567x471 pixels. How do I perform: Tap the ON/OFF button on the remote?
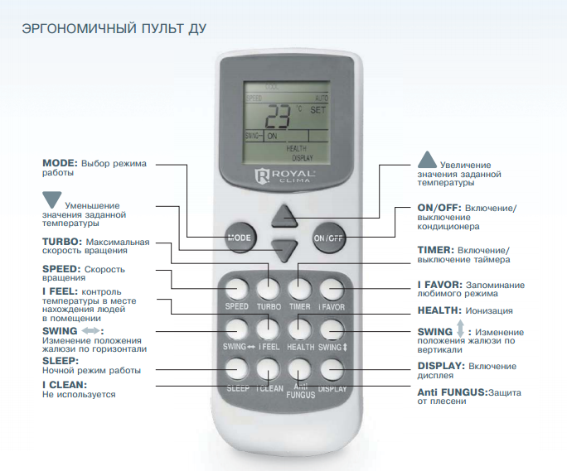click(x=328, y=238)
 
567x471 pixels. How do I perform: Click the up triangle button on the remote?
click(x=284, y=216)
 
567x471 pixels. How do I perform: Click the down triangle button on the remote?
click(x=284, y=250)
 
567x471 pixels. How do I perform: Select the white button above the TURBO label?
click(x=269, y=290)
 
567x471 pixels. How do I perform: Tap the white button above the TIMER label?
click(x=300, y=290)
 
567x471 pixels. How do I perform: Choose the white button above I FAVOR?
click(x=332, y=290)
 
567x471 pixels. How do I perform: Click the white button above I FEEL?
click(x=269, y=329)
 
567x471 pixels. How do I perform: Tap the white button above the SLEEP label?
click(x=237, y=369)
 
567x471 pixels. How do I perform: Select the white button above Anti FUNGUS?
click(x=300, y=369)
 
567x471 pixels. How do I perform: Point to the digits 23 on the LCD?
click(x=278, y=117)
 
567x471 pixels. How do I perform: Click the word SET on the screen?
click(x=317, y=110)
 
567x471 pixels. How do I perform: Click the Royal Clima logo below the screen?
click(x=284, y=175)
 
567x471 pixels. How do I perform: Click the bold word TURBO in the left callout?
click(x=62, y=242)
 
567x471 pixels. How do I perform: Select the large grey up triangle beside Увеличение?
click(x=427, y=160)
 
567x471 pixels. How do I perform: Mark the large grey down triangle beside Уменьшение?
click(x=51, y=199)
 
